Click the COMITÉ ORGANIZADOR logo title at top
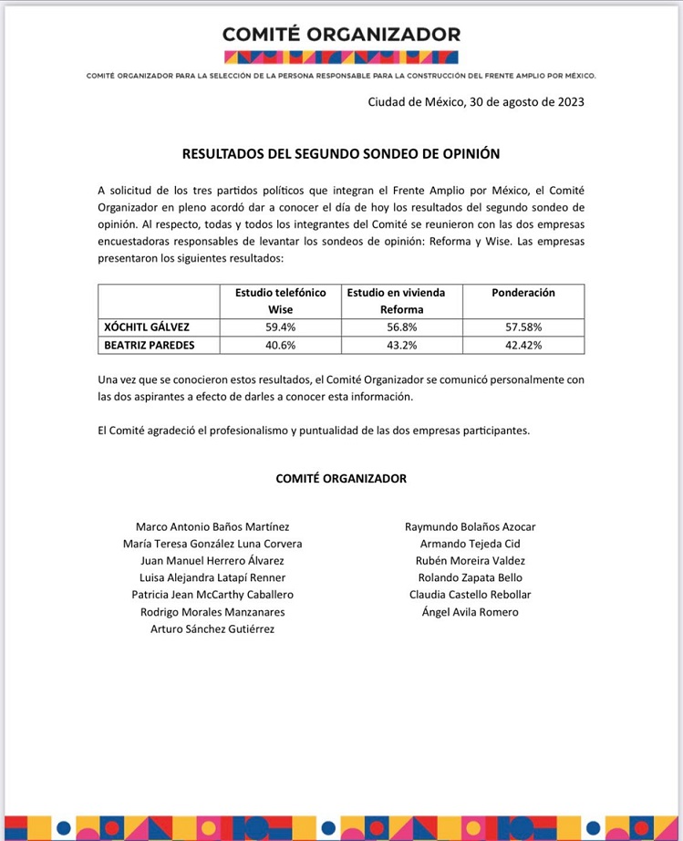pos(341,35)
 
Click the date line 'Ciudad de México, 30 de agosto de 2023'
pos(476,102)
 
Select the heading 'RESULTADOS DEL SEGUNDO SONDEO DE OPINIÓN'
pos(341,155)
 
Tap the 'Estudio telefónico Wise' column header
pos(280,301)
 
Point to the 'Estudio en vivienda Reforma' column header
pos(401,301)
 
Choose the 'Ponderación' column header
pos(523,293)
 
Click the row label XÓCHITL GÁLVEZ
pos(148,327)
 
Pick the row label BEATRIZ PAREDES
pos(150,345)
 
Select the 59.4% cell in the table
pos(280,327)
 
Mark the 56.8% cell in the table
pos(401,327)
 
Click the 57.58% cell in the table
pos(523,327)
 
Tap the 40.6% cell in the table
pos(280,345)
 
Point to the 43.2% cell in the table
pos(401,345)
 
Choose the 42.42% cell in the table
pos(523,345)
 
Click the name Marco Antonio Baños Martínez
pos(212,527)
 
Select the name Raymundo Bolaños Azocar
pos(470,527)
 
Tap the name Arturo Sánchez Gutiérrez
pos(212,628)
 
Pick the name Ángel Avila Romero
pos(470,612)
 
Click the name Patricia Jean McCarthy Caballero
pos(212,595)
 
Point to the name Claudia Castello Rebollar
pos(470,595)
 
